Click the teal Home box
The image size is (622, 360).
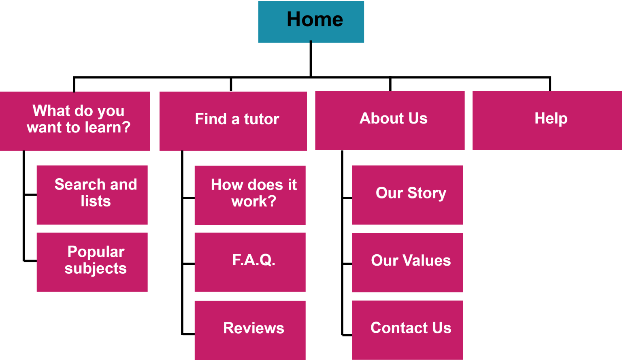pos(311,22)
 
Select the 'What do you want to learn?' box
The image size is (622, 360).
pos(75,121)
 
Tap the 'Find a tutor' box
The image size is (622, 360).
pos(233,121)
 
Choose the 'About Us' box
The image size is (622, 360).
pos(390,121)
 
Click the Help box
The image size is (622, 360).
pos(547,121)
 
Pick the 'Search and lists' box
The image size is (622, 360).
pos(92,195)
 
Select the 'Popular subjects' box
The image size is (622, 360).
pos(92,262)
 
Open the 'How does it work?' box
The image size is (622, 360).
pos(250,195)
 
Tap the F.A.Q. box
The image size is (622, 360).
pos(250,262)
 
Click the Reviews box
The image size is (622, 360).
pos(250,330)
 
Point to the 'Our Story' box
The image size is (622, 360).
pos(407,195)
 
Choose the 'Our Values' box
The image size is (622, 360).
pos(407,262)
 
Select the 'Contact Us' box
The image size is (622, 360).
pos(407,330)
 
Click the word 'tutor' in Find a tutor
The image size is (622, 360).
pos(262,119)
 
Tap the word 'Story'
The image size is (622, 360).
pos(427,193)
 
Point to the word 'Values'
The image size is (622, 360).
pos(427,260)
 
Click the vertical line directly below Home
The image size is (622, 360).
pos(311,59)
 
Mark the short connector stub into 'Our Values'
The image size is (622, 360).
pos(347,264)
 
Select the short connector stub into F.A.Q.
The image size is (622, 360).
pos(189,264)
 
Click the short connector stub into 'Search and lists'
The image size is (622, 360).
pos(30,195)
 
